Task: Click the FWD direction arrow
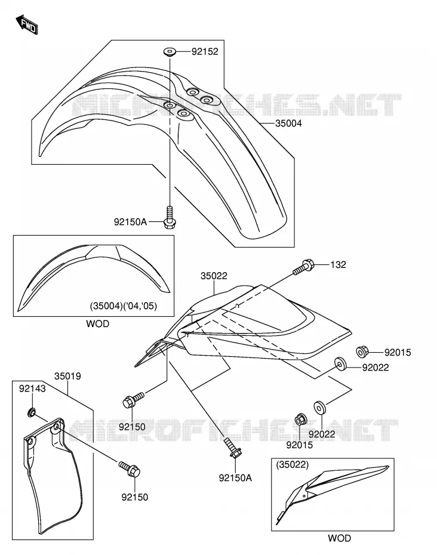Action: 26,24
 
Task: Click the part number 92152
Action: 205,52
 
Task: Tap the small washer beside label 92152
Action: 170,52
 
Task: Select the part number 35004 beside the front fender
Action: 288,124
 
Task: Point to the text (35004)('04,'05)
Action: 123,306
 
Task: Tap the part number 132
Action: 338,265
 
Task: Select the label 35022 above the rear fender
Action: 214,276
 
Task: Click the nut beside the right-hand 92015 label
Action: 362,351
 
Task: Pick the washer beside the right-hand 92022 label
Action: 340,363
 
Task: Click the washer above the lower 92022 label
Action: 320,407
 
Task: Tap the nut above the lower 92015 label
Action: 301,420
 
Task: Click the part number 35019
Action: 67,376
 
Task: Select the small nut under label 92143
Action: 32,412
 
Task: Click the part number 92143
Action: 32,388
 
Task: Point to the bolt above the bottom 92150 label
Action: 130,469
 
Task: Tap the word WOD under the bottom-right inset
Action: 339,538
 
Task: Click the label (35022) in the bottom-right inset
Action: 293,465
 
